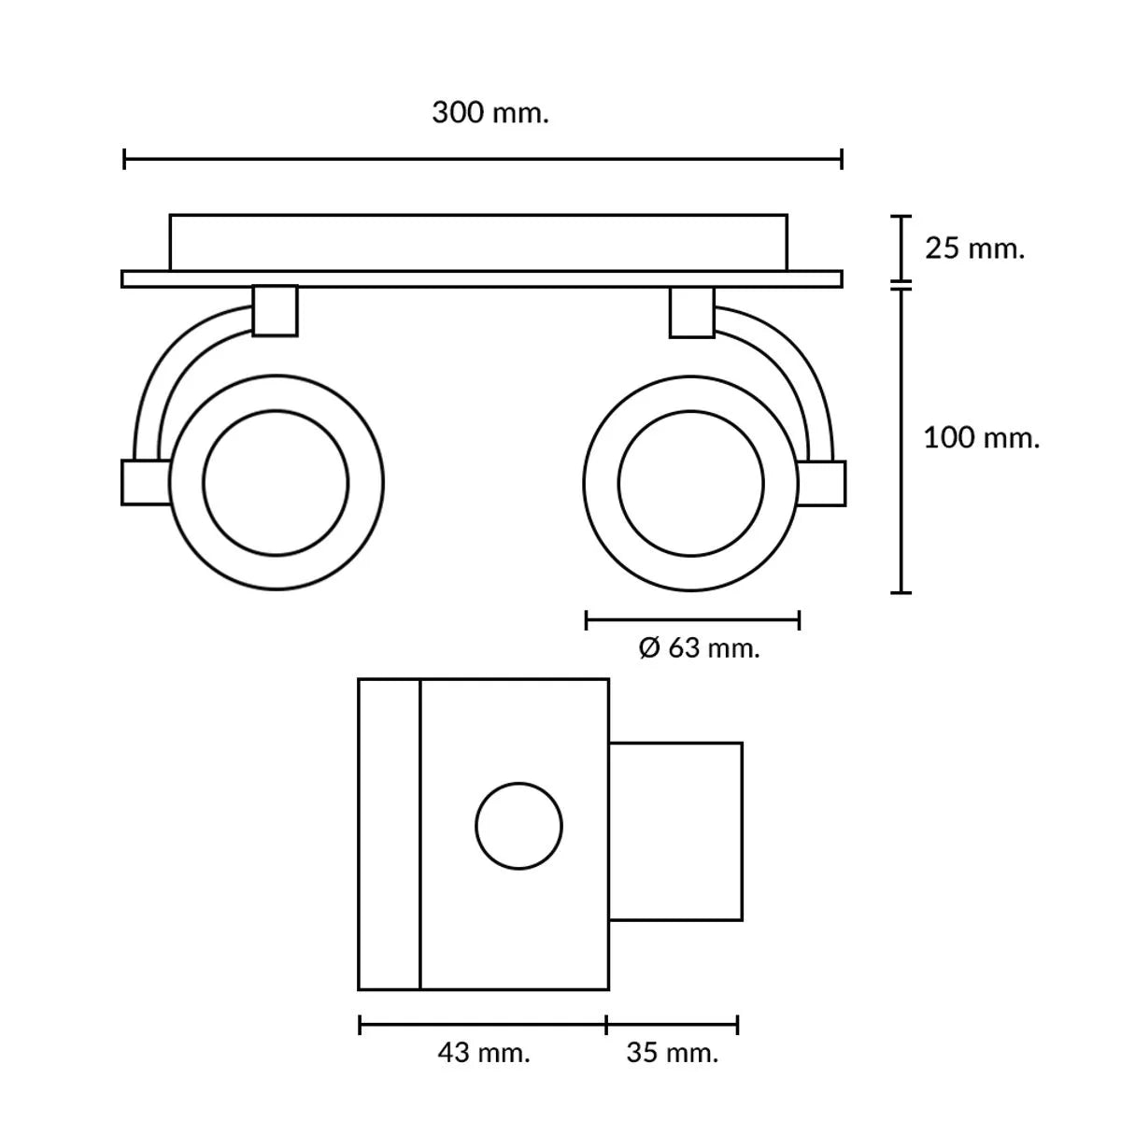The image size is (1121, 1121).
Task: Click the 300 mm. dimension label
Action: (x=490, y=112)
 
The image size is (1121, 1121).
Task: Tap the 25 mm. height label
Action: (x=974, y=248)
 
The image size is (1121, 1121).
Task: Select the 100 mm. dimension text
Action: (x=982, y=438)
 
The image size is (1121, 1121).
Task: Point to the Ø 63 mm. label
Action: (x=699, y=648)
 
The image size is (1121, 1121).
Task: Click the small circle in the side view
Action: (x=518, y=826)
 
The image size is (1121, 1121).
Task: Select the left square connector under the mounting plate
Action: (x=276, y=311)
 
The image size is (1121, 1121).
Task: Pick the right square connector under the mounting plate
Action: (x=692, y=312)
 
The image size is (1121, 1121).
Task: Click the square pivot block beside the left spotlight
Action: (x=146, y=482)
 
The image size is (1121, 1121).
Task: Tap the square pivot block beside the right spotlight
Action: (x=821, y=483)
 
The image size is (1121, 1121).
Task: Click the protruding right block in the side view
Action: (x=676, y=832)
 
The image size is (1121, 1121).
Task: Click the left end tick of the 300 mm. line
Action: (x=124, y=159)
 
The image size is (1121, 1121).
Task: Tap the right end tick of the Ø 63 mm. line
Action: (x=800, y=620)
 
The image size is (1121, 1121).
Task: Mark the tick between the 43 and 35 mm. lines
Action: (x=606, y=1025)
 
